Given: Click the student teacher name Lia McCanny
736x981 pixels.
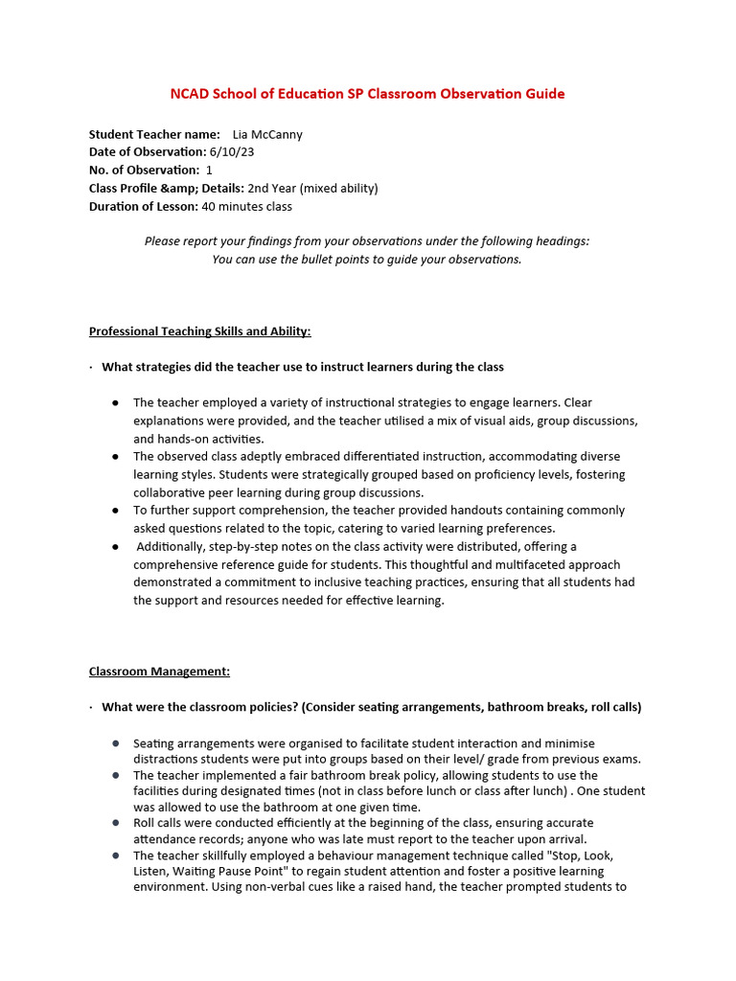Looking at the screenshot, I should pos(267,135).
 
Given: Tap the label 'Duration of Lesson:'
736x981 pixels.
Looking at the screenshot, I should pos(144,206).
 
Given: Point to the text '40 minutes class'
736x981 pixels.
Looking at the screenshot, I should pos(247,206).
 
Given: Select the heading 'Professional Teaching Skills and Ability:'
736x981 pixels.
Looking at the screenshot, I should pos(199,331).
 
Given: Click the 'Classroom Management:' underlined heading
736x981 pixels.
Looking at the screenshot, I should pos(159,672).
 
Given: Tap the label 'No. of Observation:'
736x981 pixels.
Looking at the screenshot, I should pos(144,171).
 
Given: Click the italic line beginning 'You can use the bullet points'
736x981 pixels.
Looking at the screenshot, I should pos(367,260).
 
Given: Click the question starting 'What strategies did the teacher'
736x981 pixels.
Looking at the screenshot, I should pos(302,367).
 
